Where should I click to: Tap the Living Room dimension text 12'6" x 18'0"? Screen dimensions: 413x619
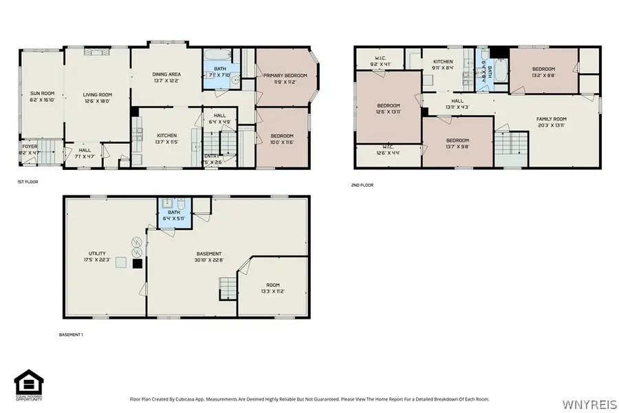pyautogui.click(x=97, y=101)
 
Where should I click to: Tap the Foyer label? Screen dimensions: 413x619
pyautogui.click(x=30, y=146)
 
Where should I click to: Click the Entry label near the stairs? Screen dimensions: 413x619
pyautogui.click(x=212, y=156)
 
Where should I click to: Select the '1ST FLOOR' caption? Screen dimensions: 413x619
pyautogui.click(x=28, y=182)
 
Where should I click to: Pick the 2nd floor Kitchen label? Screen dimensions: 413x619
pyautogui.click(x=443, y=62)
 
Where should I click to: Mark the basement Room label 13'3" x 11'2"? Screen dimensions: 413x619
pyautogui.click(x=273, y=285)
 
